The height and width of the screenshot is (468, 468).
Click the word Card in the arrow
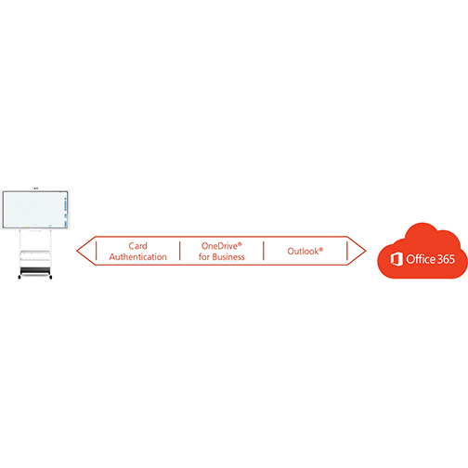138,246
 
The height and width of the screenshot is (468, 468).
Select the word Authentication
138,256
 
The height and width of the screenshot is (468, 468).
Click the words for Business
222,256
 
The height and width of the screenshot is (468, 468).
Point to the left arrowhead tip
79,251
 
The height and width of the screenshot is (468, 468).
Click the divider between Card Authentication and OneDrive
179,251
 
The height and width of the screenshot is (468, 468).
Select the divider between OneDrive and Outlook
264,251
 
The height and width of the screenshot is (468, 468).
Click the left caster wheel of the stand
17,277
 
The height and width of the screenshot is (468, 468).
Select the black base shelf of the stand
35,269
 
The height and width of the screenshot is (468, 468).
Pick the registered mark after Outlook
321,248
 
